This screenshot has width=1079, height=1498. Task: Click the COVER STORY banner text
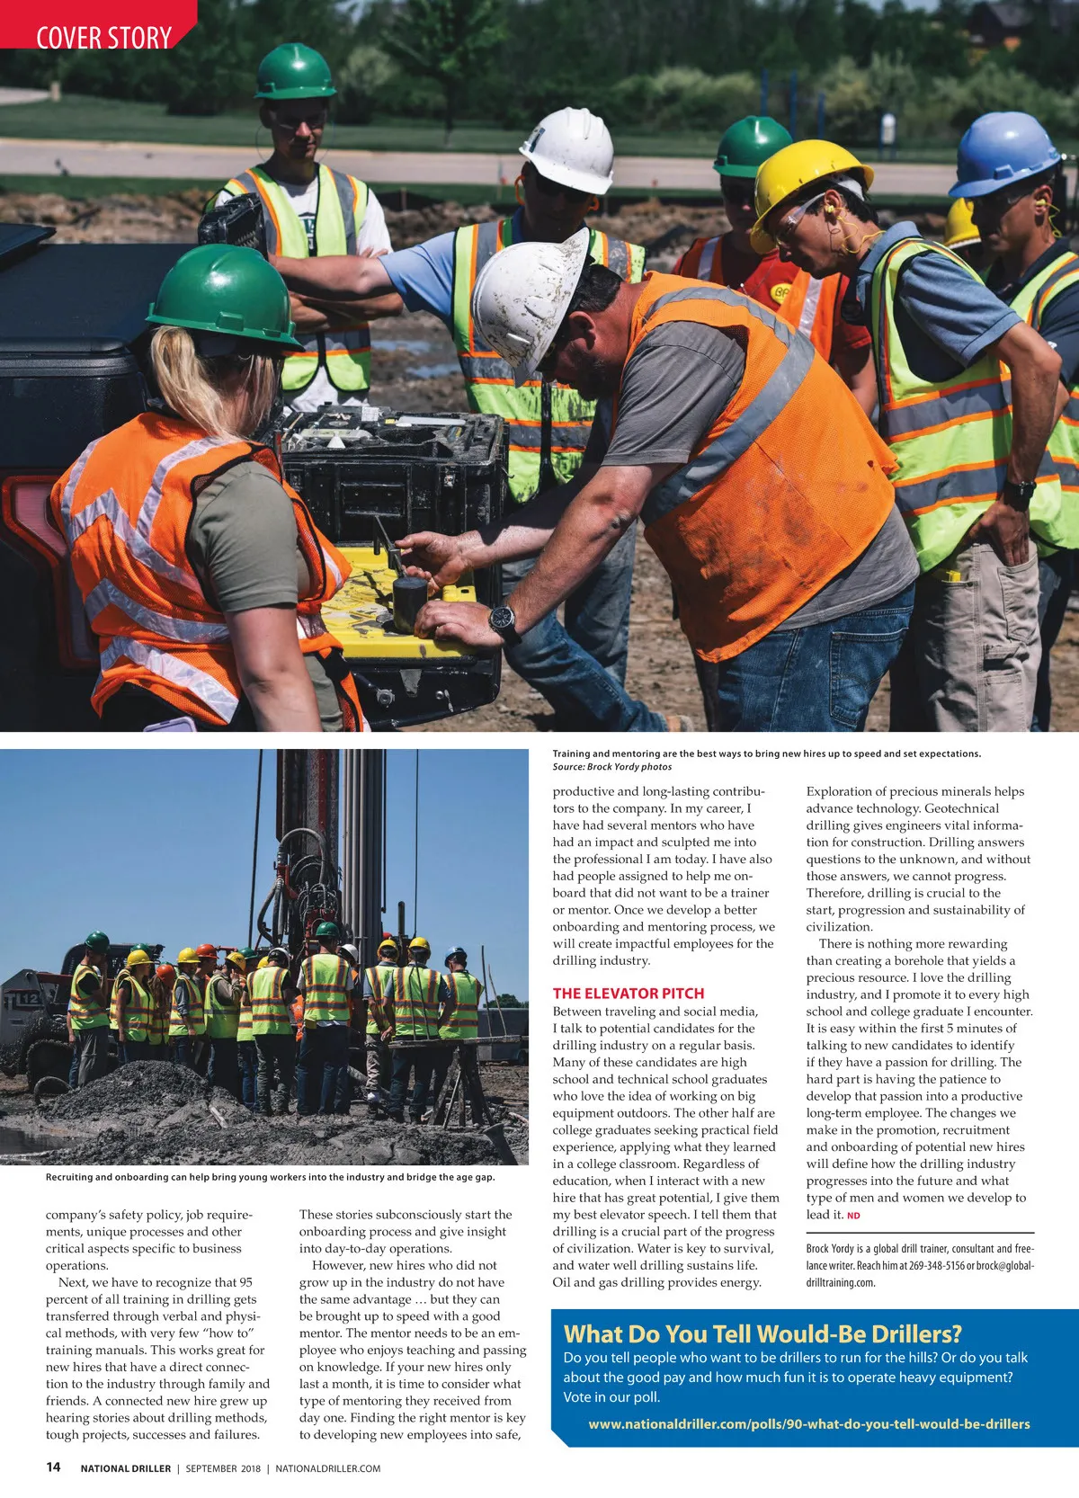(x=103, y=38)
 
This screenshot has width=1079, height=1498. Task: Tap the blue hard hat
(x=1003, y=154)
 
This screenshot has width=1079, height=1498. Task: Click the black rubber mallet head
(x=409, y=593)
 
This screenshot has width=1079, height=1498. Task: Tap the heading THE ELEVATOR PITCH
(x=628, y=993)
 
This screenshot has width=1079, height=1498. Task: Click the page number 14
(x=53, y=1467)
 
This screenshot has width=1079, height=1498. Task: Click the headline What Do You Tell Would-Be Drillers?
(x=762, y=1333)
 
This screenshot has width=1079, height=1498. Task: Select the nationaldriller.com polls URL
(x=808, y=1423)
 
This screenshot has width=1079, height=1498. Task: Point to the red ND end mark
(x=853, y=1216)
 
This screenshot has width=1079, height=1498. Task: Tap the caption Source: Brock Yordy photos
(x=611, y=767)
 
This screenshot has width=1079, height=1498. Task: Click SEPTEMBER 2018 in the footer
(x=223, y=1468)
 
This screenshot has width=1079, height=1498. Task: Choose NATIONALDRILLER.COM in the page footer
(x=327, y=1468)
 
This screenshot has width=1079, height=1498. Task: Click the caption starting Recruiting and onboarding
(x=270, y=1177)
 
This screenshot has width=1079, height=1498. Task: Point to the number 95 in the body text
(x=245, y=1282)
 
